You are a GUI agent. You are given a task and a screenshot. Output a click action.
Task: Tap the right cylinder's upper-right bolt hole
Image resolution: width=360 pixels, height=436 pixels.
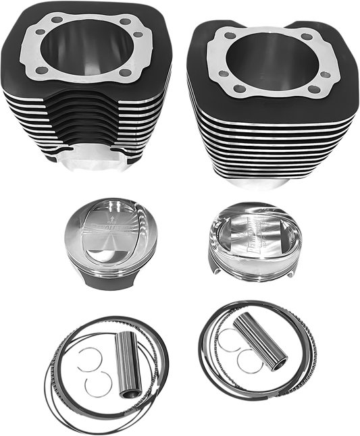(307, 37)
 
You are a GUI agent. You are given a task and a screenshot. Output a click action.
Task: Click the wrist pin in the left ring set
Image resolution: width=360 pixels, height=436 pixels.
(126, 364)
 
